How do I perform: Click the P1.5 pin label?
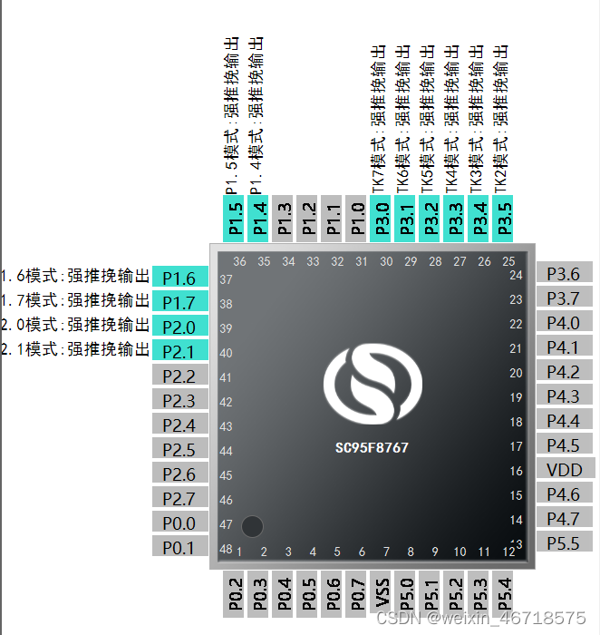click(x=235, y=220)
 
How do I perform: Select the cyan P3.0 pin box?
click(x=382, y=220)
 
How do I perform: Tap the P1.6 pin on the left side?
click(x=179, y=278)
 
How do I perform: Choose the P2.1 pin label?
click(x=179, y=351)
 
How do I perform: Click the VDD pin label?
click(x=564, y=469)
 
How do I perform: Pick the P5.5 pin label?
click(x=564, y=542)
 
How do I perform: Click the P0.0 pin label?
click(x=179, y=523)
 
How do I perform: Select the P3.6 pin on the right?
click(x=564, y=273)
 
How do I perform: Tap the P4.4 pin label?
click(x=564, y=420)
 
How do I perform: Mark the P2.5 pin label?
click(x=179, y=449)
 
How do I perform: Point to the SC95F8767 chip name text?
click(x=372, y=447)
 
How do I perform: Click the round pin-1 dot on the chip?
click(x=253, y=525)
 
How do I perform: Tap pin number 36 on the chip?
click(x=239, y=262)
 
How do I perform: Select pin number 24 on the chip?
click(x=517, y=275)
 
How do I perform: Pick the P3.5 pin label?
click(x=504, y=220)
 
